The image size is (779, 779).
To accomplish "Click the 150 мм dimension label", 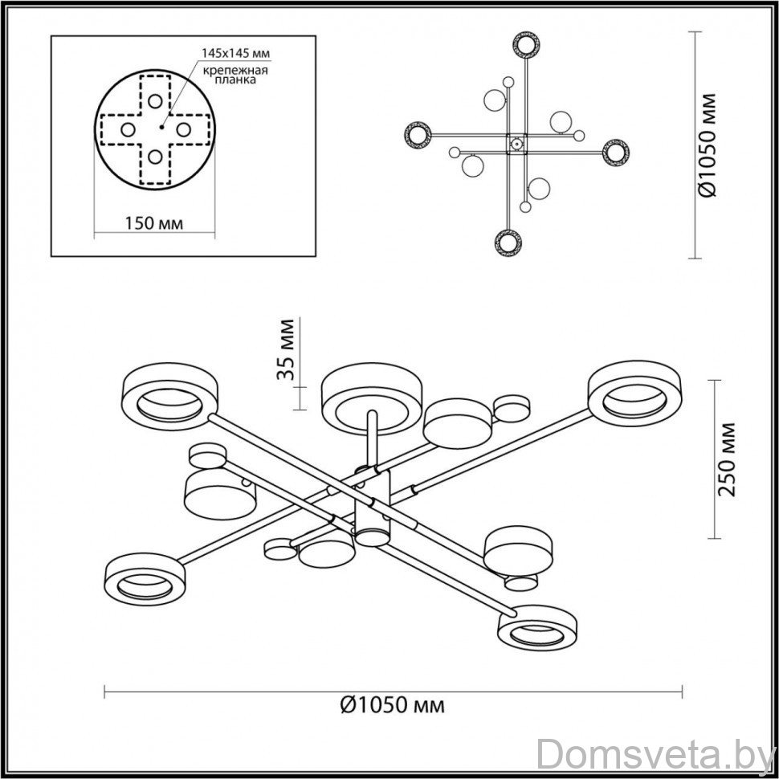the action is click(153, 223).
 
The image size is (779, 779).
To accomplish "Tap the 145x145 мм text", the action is click(235, 53).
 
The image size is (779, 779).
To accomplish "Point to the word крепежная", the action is click(235, 70).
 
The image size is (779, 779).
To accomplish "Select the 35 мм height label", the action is click(286, 349).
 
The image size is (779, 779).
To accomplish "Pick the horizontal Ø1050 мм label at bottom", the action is click(393, 704).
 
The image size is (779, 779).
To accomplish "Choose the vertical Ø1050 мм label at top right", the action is click(707, 145).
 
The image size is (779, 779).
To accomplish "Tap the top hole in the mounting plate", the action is click(155, 101).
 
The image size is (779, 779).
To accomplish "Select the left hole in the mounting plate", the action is click(128, 129).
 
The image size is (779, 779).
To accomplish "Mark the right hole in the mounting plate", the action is click(183, 129).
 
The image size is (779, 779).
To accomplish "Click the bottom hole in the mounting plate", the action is click(155, 157).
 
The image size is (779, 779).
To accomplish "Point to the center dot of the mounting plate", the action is click(161, 127).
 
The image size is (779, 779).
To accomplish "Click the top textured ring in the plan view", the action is click(526, 45).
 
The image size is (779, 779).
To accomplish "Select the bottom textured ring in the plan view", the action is click(508, 243).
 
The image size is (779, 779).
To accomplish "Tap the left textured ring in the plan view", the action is click(418, 135).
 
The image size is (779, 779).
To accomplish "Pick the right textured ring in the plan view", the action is click(615, 153).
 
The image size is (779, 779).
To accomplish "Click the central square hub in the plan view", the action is click(516, 144).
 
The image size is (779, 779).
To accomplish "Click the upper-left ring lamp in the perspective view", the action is click(169, 397).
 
